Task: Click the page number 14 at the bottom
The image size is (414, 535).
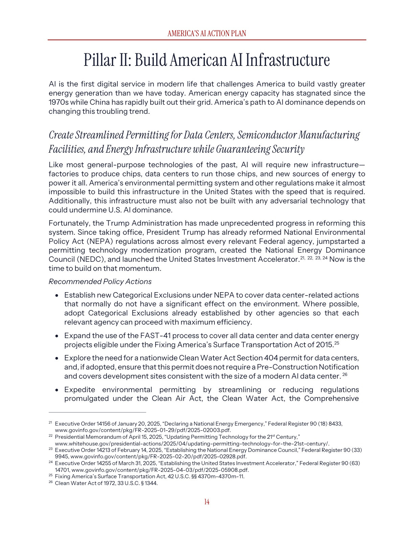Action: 207,502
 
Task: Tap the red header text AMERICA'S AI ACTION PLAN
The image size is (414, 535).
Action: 207,33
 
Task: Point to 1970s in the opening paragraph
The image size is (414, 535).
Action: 58,102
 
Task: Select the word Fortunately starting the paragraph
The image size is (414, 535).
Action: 69,223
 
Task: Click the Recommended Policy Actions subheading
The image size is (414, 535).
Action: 100,282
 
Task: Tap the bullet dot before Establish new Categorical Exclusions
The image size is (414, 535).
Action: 57,296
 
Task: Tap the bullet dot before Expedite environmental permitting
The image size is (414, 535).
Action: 57,390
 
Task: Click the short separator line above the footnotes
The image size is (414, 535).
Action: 97,412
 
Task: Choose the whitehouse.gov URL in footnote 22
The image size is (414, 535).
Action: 192,444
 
